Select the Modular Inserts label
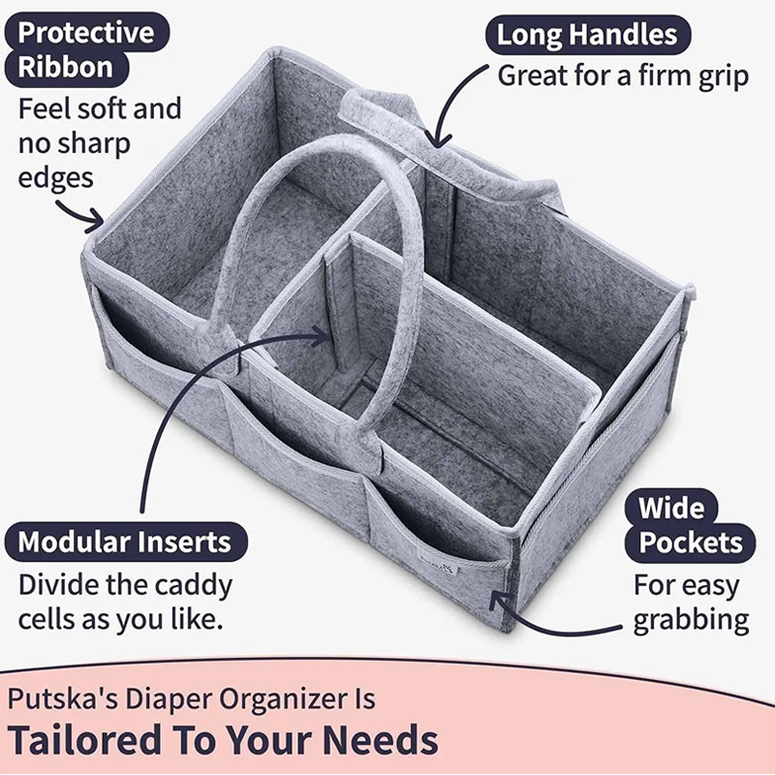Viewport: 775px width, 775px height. [124, 541]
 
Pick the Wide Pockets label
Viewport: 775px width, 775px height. [691, 524]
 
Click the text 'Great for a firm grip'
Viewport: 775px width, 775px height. [623, 76]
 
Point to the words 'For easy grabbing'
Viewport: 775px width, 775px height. [691, 603]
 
